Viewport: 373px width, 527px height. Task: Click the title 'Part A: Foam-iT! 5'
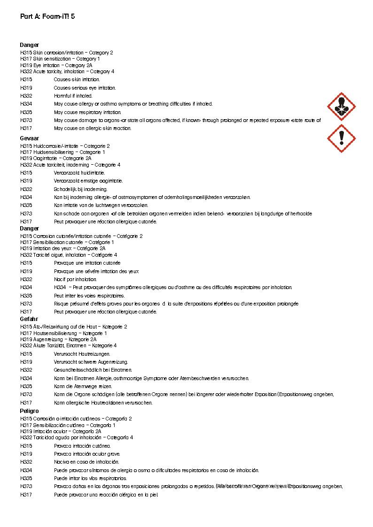click(x=47, y=16)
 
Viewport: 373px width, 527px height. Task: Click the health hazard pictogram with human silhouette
click(x=341, y=107)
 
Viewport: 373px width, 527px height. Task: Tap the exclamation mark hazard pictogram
click(x=341, y=138)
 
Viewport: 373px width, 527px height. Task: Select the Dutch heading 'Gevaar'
click(x=29, y=138)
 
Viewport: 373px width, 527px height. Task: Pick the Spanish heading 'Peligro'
click(x=29, y=411)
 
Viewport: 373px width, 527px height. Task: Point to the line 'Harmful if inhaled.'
click(x=73, y=96)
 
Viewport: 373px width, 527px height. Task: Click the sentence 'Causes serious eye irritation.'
click(x=85, y=88)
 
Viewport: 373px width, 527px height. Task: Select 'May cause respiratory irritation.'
click(x=87, y=112)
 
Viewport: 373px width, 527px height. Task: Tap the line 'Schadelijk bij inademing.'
click(x=80, y=189)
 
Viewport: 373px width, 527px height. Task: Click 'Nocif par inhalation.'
click(x=75, y=279)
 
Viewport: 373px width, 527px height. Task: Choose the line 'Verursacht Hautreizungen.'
click(x=82, y=354)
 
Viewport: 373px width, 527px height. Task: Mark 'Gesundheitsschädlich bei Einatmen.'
click(x=93, y=370)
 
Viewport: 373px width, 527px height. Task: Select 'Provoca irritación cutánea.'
click(x=82, y=446)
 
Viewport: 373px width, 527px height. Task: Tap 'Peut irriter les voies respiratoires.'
click(x=89, y=296)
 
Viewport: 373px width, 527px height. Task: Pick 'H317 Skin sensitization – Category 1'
click(x=60, y=59)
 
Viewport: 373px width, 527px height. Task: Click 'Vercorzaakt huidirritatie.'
click(x=79, y=173)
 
